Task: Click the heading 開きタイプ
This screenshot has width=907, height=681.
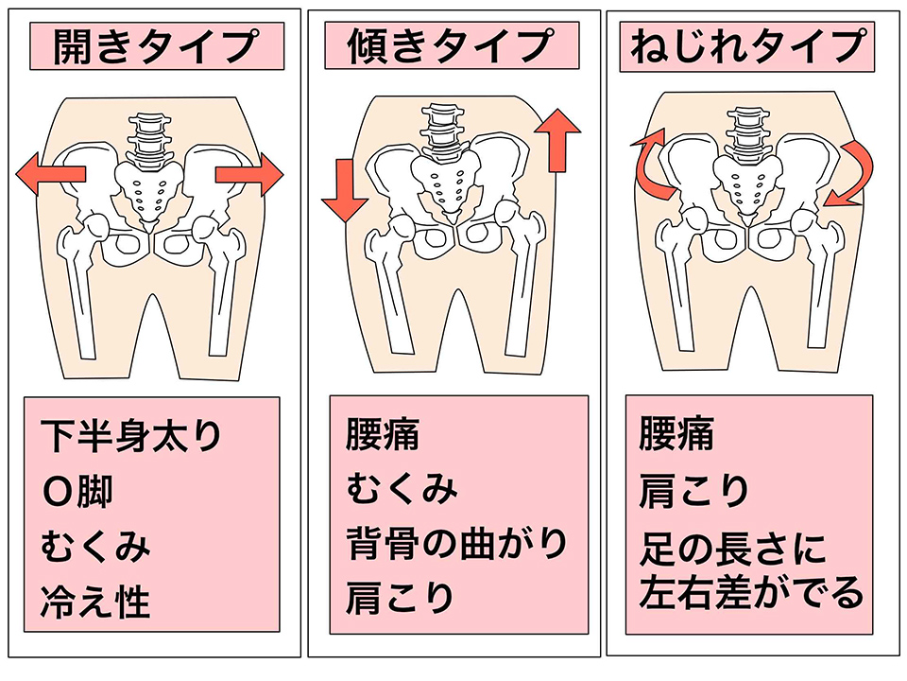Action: click(156, 45)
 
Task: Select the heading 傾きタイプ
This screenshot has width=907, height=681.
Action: click(450, 45)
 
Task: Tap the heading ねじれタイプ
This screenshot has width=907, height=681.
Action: click(748, 45)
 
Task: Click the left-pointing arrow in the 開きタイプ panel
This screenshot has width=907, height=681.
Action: click(51, 174)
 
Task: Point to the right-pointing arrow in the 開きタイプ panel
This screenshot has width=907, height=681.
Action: click(249, 174)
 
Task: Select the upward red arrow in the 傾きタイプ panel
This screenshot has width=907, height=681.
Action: click(557, 140)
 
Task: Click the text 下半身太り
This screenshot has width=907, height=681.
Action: click(131, 435)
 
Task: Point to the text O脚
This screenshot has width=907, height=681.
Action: click(77, 492)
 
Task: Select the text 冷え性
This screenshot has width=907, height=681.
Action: click(95, 602)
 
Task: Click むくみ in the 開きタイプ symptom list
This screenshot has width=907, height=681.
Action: click(95, 547)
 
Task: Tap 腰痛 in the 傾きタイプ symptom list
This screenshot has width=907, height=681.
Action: click(383, 434)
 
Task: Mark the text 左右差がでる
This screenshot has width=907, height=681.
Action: click(751, 593)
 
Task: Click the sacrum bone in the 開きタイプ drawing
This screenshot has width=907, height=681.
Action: click(148, 190)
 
